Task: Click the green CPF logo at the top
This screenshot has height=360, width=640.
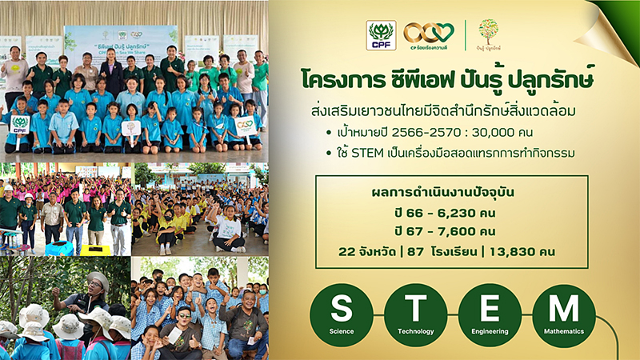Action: pos(381,35)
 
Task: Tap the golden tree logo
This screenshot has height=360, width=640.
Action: pos(488,32)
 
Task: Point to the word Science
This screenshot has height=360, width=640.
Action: pos(342,330)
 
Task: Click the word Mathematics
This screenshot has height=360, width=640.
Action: pos(564,330)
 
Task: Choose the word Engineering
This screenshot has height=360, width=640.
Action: pos(490,330)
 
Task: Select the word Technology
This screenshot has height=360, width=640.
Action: pos(415,330)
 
